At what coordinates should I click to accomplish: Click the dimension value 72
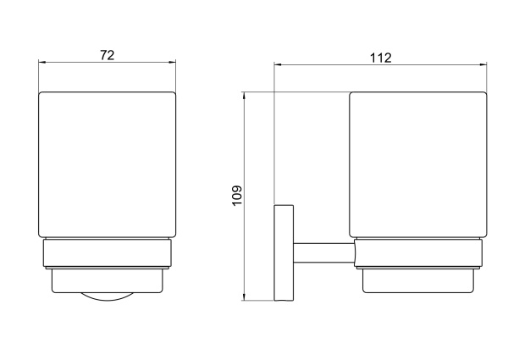tap(108, 55)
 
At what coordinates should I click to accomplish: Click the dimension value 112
tap(381, 58)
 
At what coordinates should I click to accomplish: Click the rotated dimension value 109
tap(237, 195)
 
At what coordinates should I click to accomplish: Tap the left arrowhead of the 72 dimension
tap(41, 63)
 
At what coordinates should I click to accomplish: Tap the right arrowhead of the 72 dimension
tap(173, 63)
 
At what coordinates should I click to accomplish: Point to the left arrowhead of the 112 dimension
tap(278, 65)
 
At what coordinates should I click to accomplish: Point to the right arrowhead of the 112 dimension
tap(483, 65)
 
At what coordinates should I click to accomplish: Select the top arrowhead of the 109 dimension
tap(244, 95)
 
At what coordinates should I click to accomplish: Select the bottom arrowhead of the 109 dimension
tap(244, 296)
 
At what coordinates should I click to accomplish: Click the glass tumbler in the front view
tap(108, 164)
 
